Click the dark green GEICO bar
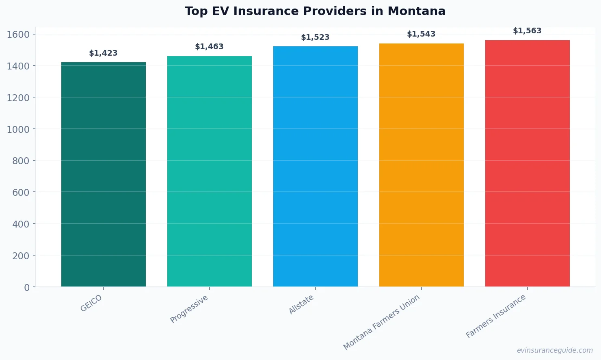click(x=104, y=175)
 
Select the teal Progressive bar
click(x=210, y=171)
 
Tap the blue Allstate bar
click(x=316, y=167)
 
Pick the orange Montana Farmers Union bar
click(x=422, y=165)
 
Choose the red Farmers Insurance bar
click(x=527, y=163)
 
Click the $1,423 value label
click(x=104, y=53)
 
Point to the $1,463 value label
click(x=210, y=47)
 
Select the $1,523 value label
click(x=316, y=37)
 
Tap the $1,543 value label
click(x=422, y=34)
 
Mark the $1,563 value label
click(x=527, y=31)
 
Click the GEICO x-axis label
click(x=91, y=303)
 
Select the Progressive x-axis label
click(x=189, y=309)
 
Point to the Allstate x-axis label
click(x=301, y=304)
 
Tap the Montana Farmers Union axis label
click(x=381, y=322)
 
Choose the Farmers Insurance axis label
click(x=496, y=316)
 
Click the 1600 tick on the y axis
click(x=18, y=35)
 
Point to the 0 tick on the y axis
click(x=27, y=288)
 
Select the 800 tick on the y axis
click(x=21, y=161)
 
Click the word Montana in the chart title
click(x=417, y=11)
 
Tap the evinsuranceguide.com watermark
click(x=555, y=350)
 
